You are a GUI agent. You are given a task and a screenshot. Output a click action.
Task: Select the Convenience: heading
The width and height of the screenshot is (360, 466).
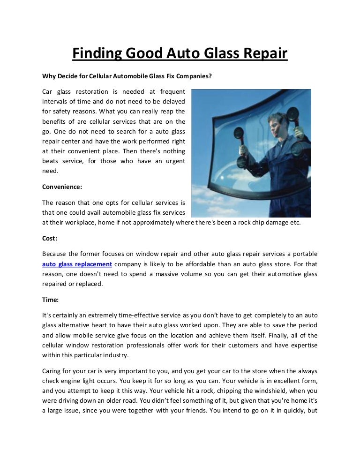[x=62, y=186]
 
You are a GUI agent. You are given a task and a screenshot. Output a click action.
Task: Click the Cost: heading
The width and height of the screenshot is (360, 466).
[x=50, y=238]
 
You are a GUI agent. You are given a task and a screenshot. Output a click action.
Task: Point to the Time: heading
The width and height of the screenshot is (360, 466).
[x=51, y=300]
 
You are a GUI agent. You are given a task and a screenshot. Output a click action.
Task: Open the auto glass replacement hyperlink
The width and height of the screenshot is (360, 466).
[x=77, y=264]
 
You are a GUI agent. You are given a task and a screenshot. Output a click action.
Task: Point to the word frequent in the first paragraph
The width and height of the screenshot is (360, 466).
[x=172, y=91]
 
